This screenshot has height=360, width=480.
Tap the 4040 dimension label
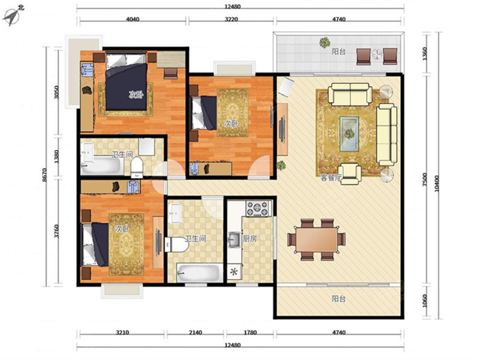[133, 19]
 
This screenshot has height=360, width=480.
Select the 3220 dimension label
[231, 19]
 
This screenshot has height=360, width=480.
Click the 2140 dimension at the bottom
[195, 332]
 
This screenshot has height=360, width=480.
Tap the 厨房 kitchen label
[250, 239]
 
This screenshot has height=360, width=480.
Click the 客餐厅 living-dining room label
[331, 178]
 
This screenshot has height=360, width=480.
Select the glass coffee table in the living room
[349, 134]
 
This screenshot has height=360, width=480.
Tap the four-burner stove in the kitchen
[258, 209]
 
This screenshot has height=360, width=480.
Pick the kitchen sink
[235, 239]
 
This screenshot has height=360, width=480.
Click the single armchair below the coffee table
[349, 174]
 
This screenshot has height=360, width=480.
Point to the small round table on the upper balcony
[377, 55]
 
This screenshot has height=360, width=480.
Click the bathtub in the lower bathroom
[200, 273]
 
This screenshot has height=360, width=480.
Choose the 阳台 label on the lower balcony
[339, 299]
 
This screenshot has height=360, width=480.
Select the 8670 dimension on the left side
[45, 175]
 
